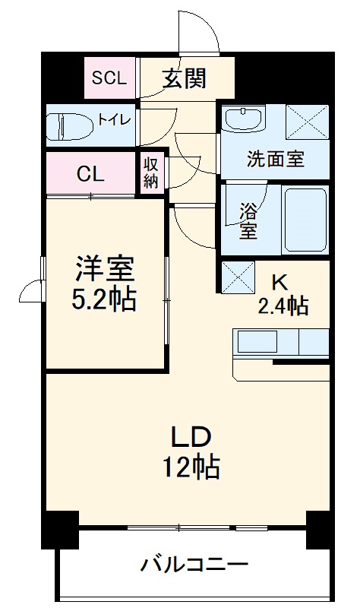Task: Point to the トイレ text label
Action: (x=114, y=119)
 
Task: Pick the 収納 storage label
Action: (x=150, y=172)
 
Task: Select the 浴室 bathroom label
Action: (x=247, y=220)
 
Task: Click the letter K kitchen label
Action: (x=279, y=282)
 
